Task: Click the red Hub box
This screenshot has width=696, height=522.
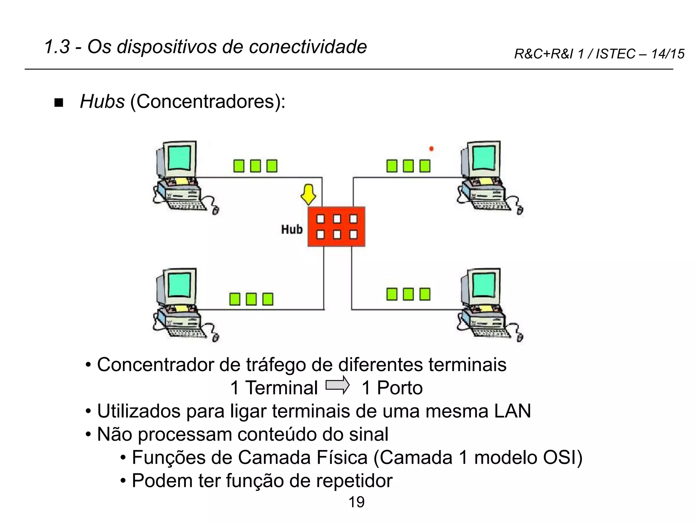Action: click(336, 227)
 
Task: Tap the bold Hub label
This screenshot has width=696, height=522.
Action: click(292, 230)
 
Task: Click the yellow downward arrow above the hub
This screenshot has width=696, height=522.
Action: click(308, 194)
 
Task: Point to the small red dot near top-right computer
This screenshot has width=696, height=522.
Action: click(431, 149)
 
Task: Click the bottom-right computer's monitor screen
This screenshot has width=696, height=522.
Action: click(483, 285)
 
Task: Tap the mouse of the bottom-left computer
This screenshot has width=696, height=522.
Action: click(215, 338)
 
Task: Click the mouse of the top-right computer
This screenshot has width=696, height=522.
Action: click(520, 211)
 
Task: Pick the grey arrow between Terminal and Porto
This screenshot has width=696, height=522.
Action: click(337, 385)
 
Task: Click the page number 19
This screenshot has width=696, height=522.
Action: click(356, 502)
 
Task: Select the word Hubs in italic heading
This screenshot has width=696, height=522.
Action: click(102, 101)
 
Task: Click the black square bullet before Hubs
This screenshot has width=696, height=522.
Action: click(59, 103)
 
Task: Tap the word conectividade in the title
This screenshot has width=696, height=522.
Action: click(308, 47)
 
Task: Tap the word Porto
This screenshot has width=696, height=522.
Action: click(400, 388)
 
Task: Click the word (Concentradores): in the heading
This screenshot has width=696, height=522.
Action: click(208, 101)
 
